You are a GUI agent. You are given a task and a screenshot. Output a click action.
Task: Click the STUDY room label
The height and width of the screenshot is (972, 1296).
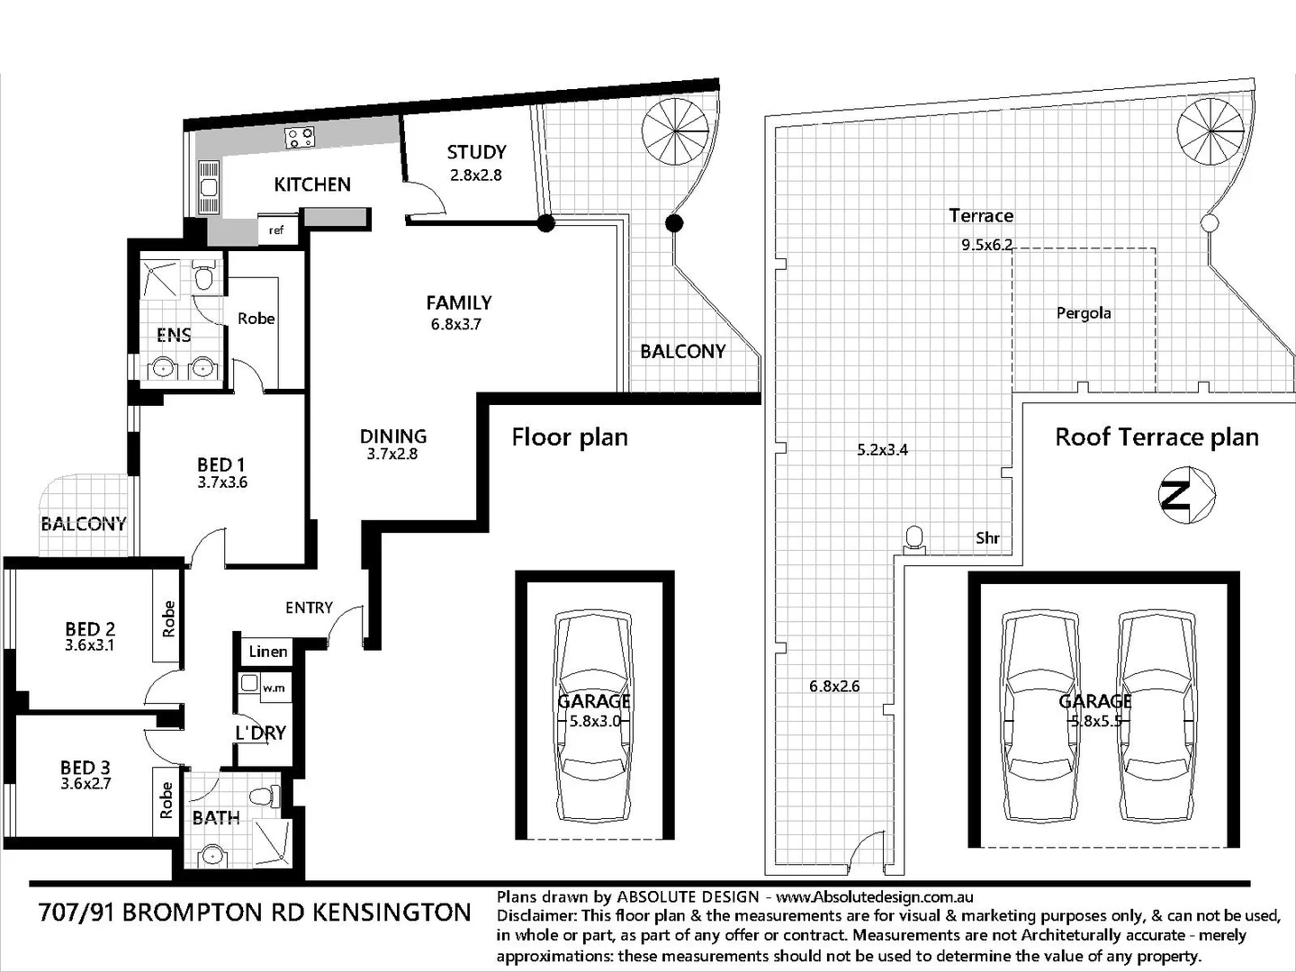click(x=476, y=152)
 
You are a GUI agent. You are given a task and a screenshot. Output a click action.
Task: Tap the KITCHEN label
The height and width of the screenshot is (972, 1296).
click(x=312, y=184)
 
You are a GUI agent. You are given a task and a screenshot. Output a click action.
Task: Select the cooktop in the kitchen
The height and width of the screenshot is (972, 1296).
click(x=300, y=138)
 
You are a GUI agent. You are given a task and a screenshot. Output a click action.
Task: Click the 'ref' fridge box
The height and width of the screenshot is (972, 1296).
click(x=276, y=230)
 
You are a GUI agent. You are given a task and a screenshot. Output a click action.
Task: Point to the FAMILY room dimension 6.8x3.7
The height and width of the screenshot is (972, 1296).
click(x=456, y=325)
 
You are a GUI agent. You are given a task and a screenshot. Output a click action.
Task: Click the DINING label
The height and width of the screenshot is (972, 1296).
click(x=393, y=436)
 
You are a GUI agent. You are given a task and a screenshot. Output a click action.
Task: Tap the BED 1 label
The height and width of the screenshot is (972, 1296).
click(x=220, y=464)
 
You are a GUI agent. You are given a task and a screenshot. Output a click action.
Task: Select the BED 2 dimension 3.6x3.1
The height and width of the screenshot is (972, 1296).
click(x=89, y=645)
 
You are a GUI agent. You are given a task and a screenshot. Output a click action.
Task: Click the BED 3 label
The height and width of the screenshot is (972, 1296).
click(x=85, y=767)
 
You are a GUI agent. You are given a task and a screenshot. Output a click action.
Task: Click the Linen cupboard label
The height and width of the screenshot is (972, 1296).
click(x=268, y=652)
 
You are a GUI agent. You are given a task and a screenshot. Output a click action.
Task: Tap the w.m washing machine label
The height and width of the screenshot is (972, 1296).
click(x=274, y=688)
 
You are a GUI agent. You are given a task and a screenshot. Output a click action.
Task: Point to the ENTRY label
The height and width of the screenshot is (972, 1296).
click(x=309, y=607)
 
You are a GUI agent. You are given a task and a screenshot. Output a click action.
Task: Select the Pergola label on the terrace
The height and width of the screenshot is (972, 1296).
click(x=1084, y=313)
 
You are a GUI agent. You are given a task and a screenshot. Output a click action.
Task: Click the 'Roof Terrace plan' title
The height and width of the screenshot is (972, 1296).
click(x=1156, y=437)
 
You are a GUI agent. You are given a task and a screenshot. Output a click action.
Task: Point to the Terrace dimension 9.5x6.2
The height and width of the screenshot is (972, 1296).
click(x=986, y=245)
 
